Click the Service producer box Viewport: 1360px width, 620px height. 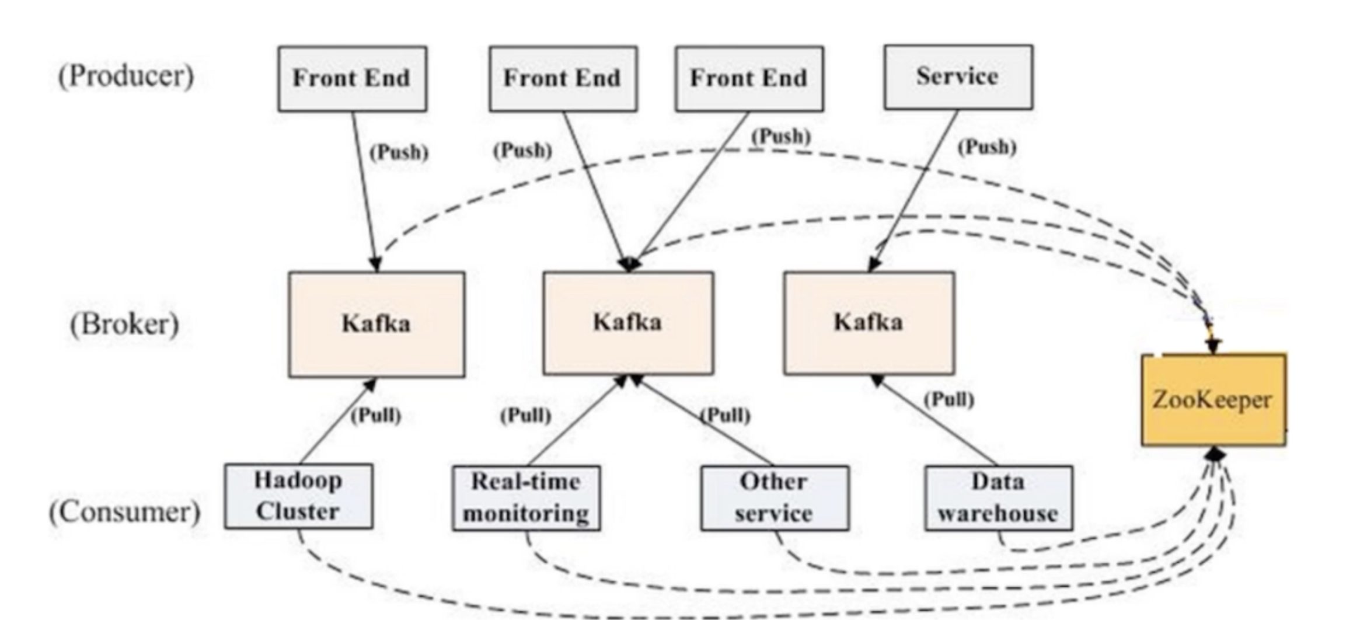(958, 77)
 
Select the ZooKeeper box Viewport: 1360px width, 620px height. (1213, 400)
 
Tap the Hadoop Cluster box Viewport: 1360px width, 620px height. (298, 496)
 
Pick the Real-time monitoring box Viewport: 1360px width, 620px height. (526, 498)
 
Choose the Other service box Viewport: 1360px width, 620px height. (775, 498)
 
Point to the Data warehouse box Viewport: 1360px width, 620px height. (998, 498)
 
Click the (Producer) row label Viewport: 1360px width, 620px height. (126, 76)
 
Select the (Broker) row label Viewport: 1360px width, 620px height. (124, 324)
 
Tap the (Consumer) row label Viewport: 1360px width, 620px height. (124, 512)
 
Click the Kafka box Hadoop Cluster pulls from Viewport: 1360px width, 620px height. (376, 324)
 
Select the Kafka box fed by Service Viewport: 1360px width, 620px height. (869, 323)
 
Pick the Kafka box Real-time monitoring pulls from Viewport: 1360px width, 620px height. (628, 323)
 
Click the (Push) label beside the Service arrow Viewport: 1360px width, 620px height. (986, 147)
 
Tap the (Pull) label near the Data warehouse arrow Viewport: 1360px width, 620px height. (949, 400)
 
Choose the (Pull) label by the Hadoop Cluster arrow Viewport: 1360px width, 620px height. (376, 416)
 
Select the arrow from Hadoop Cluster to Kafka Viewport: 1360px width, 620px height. (338, 421)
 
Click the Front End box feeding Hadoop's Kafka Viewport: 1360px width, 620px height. (352, 78)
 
